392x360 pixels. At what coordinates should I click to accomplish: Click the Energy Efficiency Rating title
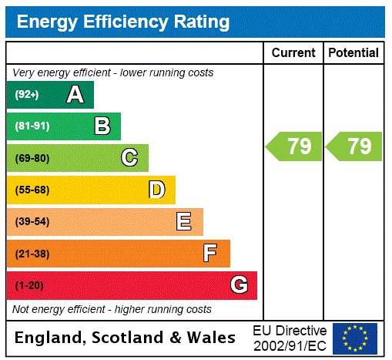[x=123, y=22]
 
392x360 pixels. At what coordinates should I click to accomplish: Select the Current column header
[x=293, y=53]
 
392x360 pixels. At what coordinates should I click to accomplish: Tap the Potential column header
[x=353, y=53]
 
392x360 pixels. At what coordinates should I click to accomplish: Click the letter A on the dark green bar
[x=75, y=95]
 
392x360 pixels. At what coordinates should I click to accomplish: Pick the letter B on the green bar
[x=102, y=126]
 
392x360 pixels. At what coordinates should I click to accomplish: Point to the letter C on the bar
[x=129, y=158]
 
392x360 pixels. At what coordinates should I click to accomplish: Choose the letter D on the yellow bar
[x=156, y=190]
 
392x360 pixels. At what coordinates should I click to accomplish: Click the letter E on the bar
[x=184, y=222]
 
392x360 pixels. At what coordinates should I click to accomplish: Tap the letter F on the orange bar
[x=210, y=254]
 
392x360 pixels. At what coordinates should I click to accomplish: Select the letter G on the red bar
[x=239, y=285]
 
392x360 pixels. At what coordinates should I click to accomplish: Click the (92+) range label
[x=27, y=95]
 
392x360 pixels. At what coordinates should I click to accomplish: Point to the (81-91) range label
[x=32, y=126]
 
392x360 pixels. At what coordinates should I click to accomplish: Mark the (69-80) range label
[x=32, y=158]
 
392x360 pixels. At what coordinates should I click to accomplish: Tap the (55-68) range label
[x=32, y=190]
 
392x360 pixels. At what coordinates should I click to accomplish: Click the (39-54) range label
[x=32, y=222]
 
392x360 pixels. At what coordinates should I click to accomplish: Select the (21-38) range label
[x=32, y=254]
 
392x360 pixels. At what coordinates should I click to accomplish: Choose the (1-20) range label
[x=29, y=286]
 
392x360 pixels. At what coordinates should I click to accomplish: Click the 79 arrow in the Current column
[x=294, y=146]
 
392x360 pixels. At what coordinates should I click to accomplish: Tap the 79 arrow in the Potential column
[x=354, y=146]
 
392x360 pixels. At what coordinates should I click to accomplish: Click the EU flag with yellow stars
[x=354, y=338]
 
